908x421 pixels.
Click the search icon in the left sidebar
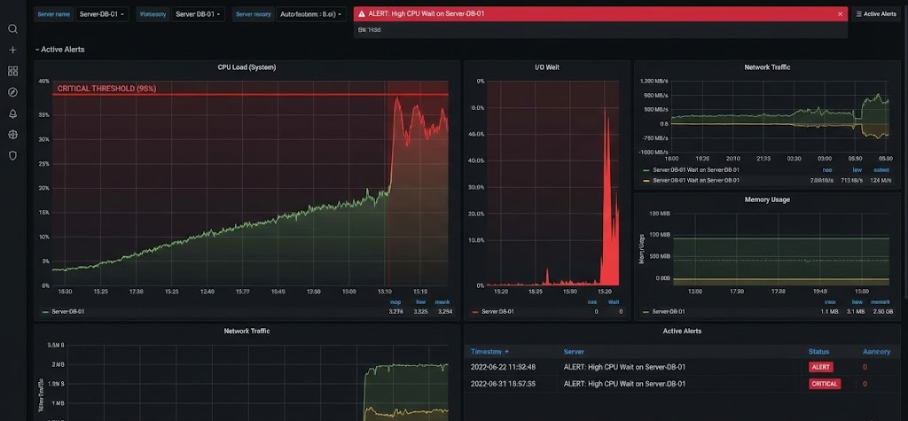point(12,28)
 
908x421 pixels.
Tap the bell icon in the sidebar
point(12,113)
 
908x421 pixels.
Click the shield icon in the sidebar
point(12,155)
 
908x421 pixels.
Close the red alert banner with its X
point(840,14)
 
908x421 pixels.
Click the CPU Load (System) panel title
point(247,67)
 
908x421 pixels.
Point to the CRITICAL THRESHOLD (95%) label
point(107,89)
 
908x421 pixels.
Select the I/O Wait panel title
point(546,67)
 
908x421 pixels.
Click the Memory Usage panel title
point(767,199)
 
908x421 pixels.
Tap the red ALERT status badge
point(820,367)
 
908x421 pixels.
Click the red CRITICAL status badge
point(824,384)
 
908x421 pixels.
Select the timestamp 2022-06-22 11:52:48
point(503,367)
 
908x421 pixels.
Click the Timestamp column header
point(489,352)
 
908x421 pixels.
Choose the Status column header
point(818,352)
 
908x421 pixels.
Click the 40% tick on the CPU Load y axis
point(43,82)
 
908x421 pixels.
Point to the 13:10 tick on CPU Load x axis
point(385,291)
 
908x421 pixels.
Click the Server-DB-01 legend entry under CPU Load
point(67,312)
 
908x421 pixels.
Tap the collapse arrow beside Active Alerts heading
point(36,50)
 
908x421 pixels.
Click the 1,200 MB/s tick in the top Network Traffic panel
point(654,81)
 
